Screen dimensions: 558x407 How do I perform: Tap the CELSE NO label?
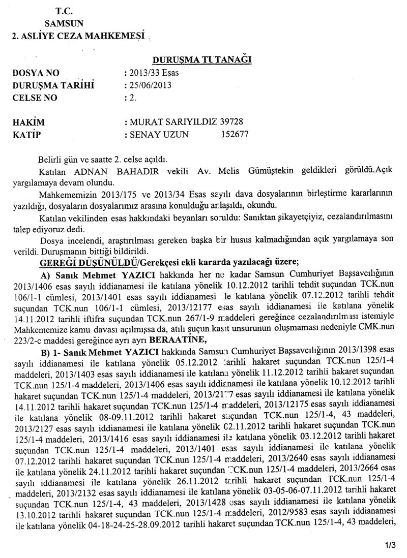(37, 98)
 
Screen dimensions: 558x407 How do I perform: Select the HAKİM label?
(28, 122)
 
